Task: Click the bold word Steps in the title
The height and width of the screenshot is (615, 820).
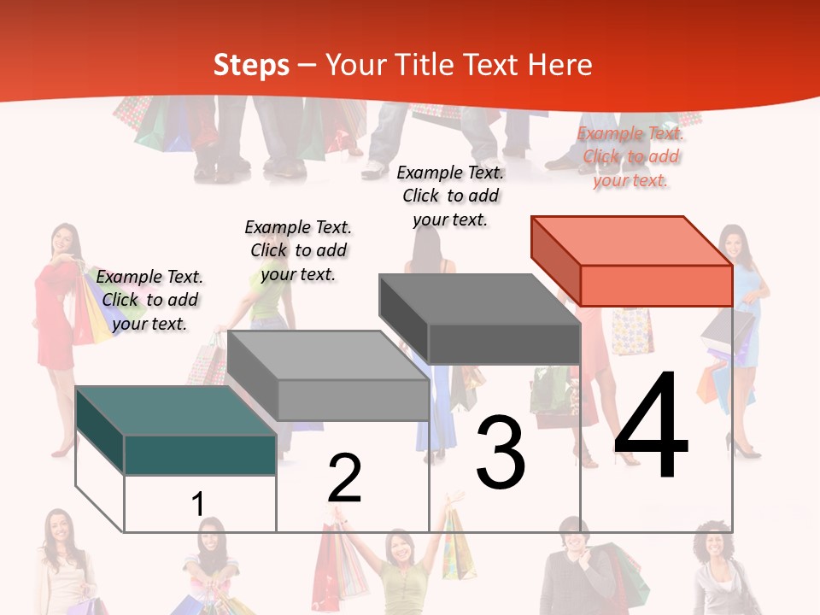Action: point(251,65)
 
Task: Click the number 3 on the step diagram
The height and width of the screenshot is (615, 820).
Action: point(501,454)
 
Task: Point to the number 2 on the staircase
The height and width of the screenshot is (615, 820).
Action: point(344,478)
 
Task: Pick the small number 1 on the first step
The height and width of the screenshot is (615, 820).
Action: point(197,504)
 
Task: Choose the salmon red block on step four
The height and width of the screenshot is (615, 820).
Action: point(632,261)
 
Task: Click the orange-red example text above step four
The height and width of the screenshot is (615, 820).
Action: point(630,156)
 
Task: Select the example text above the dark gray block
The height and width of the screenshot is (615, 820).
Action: point(450,196)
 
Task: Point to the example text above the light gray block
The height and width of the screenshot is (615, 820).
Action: point(298,250)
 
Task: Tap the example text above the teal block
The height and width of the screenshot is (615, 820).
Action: point(149,300)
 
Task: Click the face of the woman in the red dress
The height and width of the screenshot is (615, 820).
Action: point(62,238)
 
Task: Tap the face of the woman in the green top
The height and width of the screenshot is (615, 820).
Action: point(398,547)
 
